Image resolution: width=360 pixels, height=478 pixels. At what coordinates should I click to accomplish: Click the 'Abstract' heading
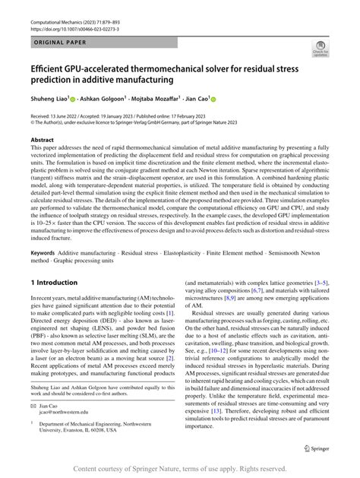[x=43, y=141]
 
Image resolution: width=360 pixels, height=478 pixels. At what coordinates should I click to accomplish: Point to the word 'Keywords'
[x=45, y=252]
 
